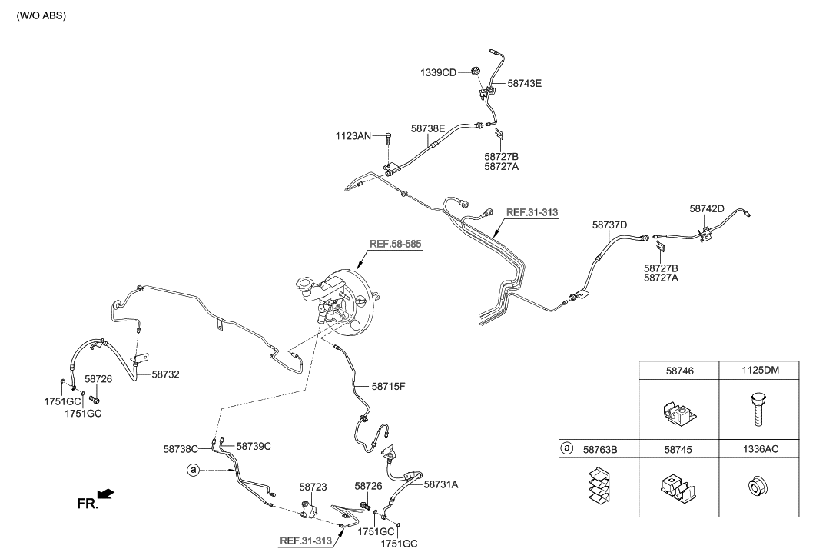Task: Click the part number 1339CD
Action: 438,72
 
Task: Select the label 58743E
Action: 524,83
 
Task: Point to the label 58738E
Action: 428,130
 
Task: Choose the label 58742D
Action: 707,208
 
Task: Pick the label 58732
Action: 166,374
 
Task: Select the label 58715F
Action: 388,386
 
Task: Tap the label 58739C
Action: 254,445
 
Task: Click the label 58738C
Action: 181,448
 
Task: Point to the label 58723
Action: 313,487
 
